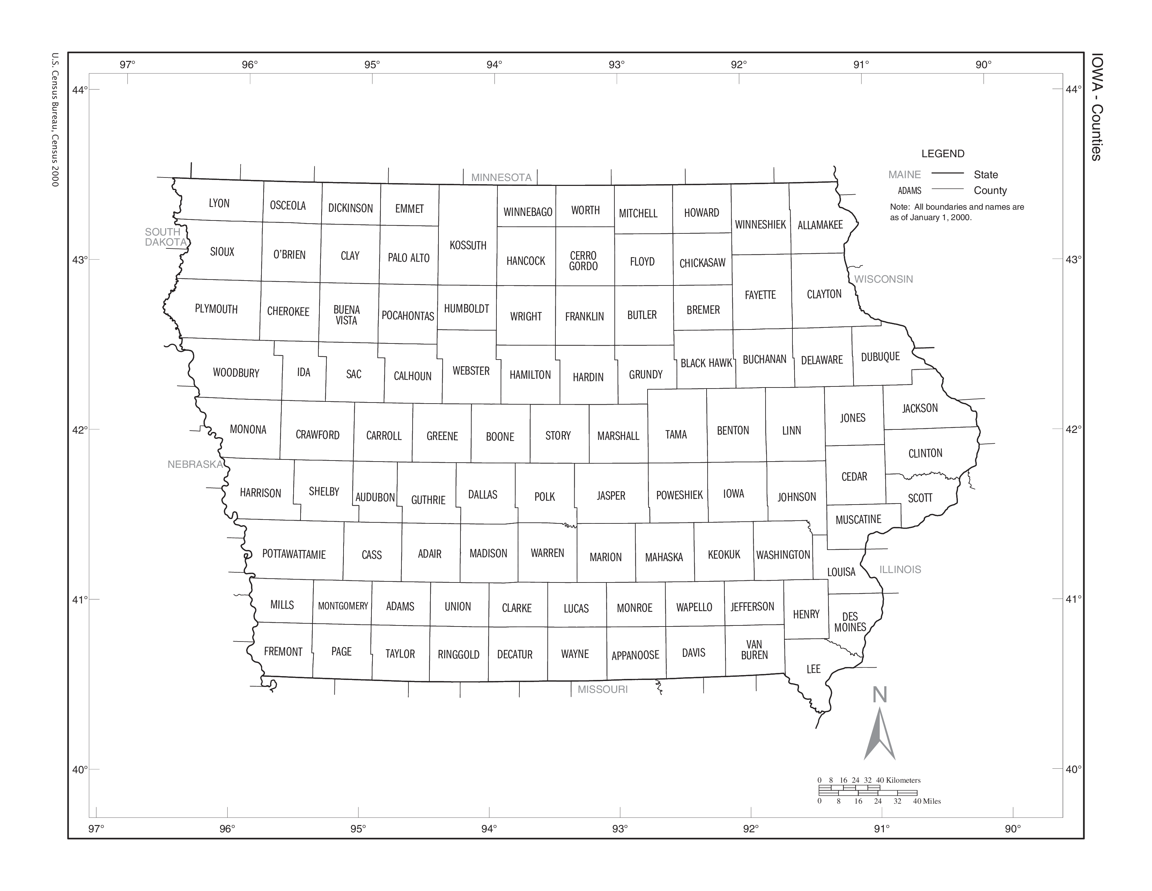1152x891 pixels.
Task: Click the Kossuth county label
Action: coord(468,245)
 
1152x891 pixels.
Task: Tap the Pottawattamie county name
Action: coord(294,554)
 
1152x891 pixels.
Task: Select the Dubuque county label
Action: coord(880,357)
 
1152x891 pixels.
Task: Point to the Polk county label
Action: coord(544,497)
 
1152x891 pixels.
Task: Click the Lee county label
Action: coord(813,669)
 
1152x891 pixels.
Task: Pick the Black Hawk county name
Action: coord(706,363)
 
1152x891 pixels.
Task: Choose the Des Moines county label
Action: coord(850,622)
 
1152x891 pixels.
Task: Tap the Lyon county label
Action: coord(219,203)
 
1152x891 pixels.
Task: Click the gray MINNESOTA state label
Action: coord(501,178)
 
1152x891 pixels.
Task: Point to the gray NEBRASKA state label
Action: coord(195,464)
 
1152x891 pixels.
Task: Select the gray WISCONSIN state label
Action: coord(884,279)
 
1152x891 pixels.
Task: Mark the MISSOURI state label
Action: coord(603,689)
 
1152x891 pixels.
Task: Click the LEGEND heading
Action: coord(943,154)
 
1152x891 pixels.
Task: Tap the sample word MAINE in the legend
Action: coord(904,175)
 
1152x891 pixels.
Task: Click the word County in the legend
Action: coord(990,190)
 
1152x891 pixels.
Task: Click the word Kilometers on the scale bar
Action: coord(903,780)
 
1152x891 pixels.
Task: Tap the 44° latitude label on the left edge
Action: coord(80,90)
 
